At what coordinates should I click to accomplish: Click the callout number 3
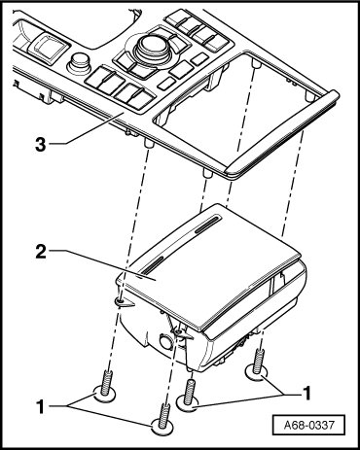[41, 144]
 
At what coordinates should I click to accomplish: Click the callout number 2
[41, 252]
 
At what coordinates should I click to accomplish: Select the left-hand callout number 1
[41, 406]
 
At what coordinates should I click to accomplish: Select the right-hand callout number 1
[306, 393]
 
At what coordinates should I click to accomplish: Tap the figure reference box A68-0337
[308, 425]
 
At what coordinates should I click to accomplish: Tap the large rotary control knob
[151, 47]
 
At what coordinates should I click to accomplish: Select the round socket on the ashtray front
[166, 342]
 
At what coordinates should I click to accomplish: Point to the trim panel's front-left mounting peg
[148, 143]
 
